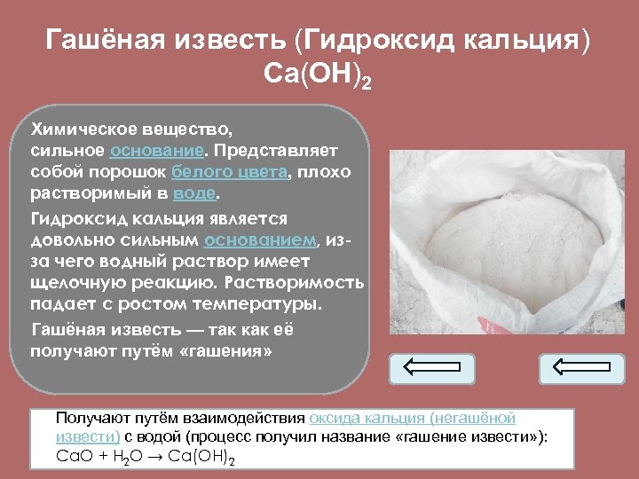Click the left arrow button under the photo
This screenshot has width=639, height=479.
pos(432,368)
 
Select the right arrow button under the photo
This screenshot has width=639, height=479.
pos(581,368)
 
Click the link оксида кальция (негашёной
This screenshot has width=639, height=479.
pos(412,418)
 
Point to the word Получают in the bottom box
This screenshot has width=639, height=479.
pos(90,418)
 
